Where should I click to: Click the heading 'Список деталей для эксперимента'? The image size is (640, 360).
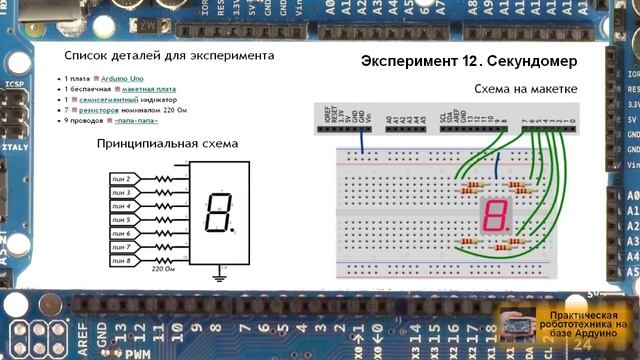click(168, 56)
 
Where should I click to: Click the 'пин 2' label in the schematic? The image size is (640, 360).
click(121, 178)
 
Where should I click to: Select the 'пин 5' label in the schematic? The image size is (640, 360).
click(121, 219)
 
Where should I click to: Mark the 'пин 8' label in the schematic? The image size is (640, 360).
click(121, 260)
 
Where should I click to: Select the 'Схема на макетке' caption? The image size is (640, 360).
click(526, 90)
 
